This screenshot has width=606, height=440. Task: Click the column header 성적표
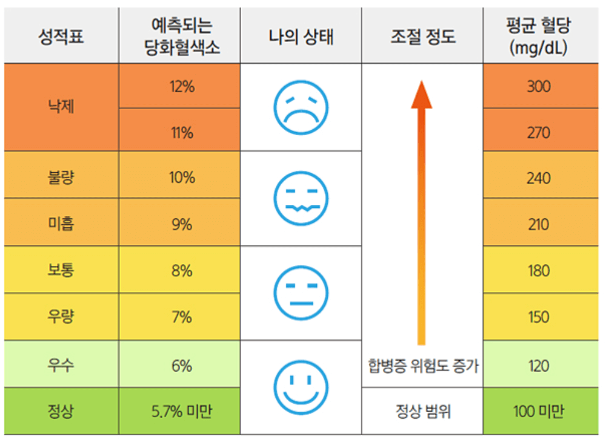click(x=61, y=37)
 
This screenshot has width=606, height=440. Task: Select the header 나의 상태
click(x=301, y=37)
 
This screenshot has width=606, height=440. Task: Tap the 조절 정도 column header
click(x=422, y=37)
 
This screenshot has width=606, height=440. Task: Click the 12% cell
click(x=182, y=87)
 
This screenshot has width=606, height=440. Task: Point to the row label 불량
click(x=61, y=178)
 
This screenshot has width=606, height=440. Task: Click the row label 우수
click(x=61, y=365)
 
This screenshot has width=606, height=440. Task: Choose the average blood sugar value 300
click(x=538, y=87)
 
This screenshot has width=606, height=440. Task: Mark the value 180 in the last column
click(x=538, y=270)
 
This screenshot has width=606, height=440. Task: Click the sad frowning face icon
click(x=301, y=107)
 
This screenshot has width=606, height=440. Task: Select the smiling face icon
click(x=301, y=386)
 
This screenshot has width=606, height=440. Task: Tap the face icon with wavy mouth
click(x=301, y=198)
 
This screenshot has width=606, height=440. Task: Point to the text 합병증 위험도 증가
click(x=422, y=366)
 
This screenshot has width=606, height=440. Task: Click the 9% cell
click(x=182, y=224)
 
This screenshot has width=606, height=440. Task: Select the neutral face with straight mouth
click(x=301, y=293)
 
